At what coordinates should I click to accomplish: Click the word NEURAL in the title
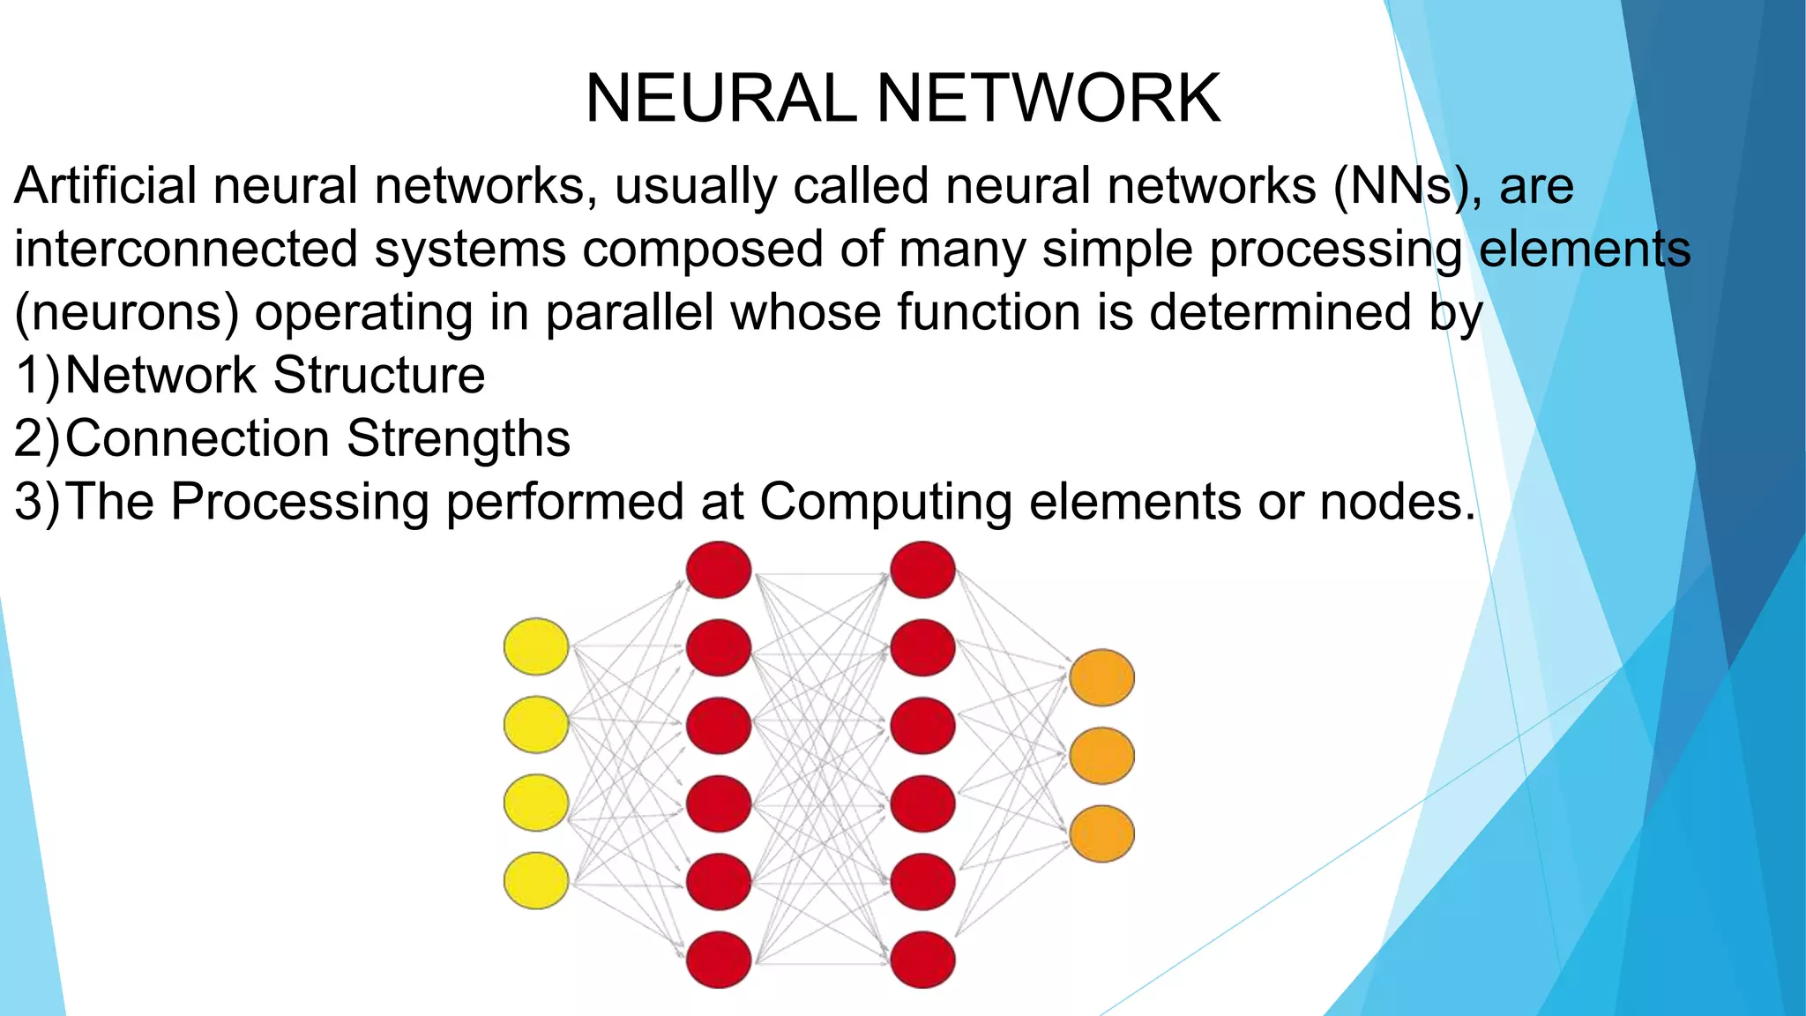720,98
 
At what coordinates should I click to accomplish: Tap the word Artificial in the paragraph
105,186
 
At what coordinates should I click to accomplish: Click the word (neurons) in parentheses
126,313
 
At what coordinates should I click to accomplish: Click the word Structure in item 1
378,376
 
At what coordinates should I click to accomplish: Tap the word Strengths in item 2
458,438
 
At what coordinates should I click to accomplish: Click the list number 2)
37,438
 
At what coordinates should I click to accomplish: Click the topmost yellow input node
536,646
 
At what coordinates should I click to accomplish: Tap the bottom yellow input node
536,880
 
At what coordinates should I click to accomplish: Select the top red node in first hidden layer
719,569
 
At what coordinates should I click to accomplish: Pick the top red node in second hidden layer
922,569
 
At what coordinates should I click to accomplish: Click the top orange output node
1101,677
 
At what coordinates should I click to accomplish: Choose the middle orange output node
1101,755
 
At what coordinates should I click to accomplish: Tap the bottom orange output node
1101,833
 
